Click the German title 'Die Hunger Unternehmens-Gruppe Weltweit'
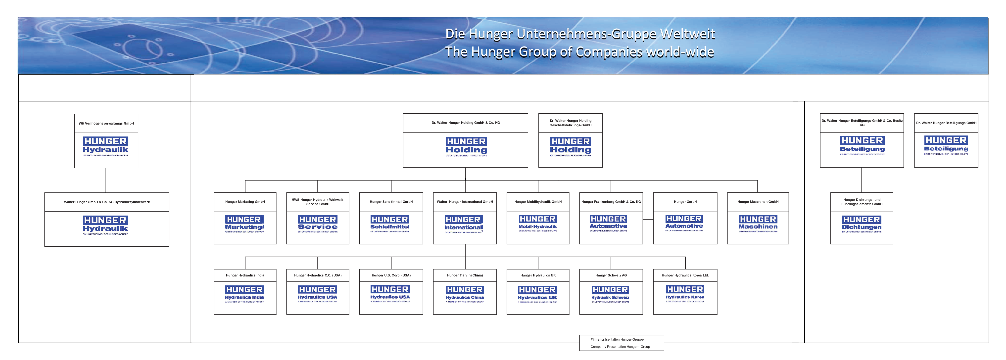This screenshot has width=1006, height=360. click(x=580, y=34)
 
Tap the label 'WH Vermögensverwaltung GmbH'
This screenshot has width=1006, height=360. click(x=106, y=123)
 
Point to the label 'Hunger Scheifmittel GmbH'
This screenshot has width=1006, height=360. click(x=391, y=202)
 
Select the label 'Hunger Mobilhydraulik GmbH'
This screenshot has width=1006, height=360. click(x=538, y=202)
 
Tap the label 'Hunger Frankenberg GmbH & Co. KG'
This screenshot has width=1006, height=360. click(x=611, y=202)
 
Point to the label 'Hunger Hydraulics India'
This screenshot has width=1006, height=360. click(x=245, y=275)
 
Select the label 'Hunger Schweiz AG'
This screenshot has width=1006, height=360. click(x=611, y=275)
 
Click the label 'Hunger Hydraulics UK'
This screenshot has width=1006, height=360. click(x=538, y=275)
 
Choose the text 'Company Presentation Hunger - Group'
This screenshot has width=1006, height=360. click(x=620, y=347)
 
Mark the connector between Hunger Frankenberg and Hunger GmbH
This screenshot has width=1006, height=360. click(x=648, y=220)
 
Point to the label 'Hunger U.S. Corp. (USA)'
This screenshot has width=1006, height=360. click(x=391, y=275)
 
